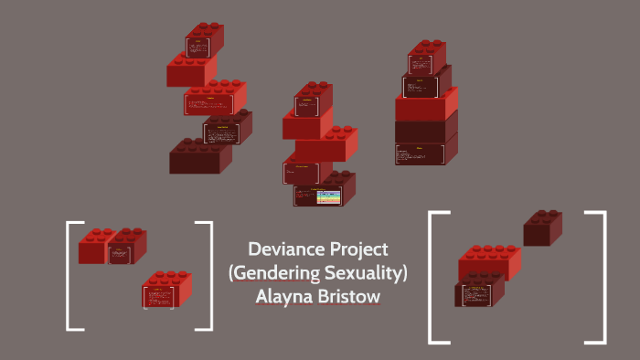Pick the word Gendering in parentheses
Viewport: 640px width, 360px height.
(x=273, y=272)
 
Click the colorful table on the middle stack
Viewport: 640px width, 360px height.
(x=325, y=196)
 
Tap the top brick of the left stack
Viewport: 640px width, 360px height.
(x=205, y=41)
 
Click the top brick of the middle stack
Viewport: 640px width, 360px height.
(x=314, y=101)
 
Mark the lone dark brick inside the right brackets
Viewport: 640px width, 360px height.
(x=542, y=228)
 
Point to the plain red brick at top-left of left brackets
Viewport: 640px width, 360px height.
(x=93, y=247)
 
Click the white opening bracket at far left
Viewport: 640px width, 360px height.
(x=69, y=274)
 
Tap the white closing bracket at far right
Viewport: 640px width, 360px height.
(x=603, y=277)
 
